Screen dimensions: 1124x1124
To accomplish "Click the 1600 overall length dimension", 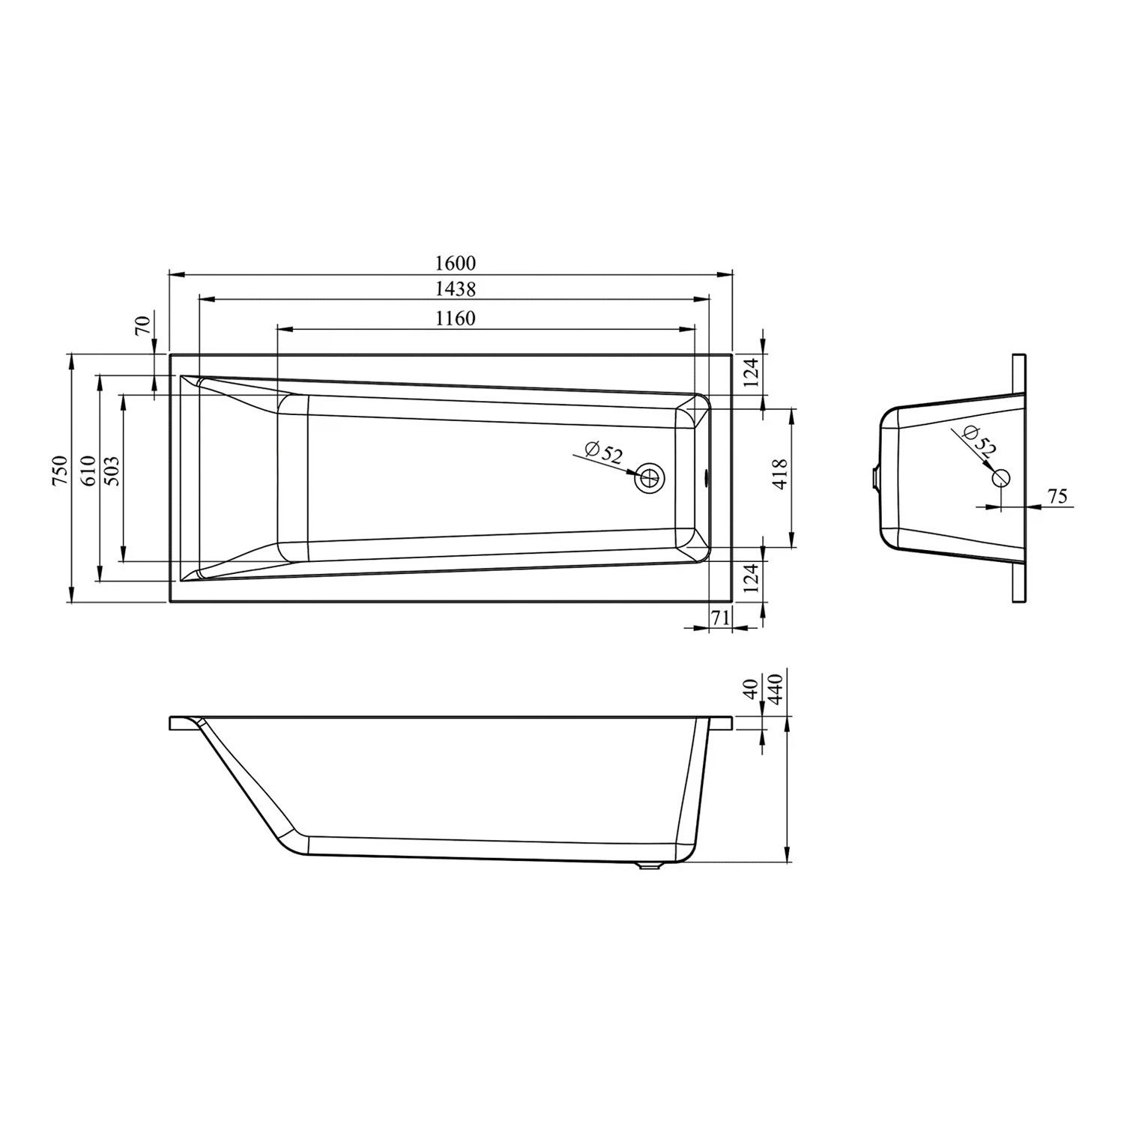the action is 455,263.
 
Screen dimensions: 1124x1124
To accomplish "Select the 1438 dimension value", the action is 455,288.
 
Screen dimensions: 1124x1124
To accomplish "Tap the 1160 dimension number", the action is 455,318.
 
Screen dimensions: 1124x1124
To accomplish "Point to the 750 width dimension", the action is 60,472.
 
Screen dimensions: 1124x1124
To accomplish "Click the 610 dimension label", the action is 88,472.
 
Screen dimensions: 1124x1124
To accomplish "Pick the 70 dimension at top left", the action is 143,326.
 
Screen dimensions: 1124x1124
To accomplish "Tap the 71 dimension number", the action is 720,618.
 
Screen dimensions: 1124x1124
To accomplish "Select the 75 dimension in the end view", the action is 1057,496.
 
